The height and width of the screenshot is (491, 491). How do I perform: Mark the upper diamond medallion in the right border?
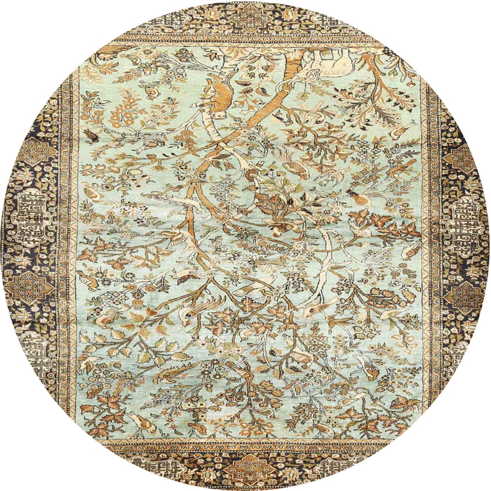(x=459, y=158)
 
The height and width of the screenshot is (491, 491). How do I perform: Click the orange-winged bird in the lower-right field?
(x=365, y=365)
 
